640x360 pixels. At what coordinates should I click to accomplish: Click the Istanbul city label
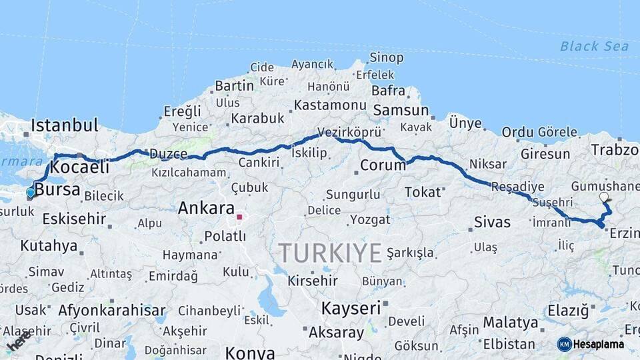tap(64, 125)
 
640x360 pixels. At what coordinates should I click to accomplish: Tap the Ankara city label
tap(206, 208)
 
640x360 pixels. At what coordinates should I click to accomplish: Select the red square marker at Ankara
tap(239, 217)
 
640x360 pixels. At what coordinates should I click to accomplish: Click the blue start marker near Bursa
tap(30, 193)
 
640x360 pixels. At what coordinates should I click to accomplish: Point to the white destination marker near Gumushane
tap(604, 197)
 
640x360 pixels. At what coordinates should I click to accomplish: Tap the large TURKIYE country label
tap(330, 253)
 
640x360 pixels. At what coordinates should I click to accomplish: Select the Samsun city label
tap(401, 110)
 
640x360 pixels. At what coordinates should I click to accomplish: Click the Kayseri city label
tap(351, 308)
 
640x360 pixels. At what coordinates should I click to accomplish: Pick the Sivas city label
tap(492, 222)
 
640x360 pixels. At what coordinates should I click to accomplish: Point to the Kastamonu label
tap(330, 105)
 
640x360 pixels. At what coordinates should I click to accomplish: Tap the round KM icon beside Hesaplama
tap(564, 344)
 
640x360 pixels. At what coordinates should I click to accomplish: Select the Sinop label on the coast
tap(387, 58)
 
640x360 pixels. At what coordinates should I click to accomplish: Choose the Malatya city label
tap(510, 323)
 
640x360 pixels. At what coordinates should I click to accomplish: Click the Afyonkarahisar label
tap(111, 310)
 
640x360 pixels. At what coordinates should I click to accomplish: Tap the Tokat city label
tap(423, 192)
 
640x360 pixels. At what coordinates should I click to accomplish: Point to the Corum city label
tap(383, 165)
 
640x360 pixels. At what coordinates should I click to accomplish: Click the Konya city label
tap(250, 352)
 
